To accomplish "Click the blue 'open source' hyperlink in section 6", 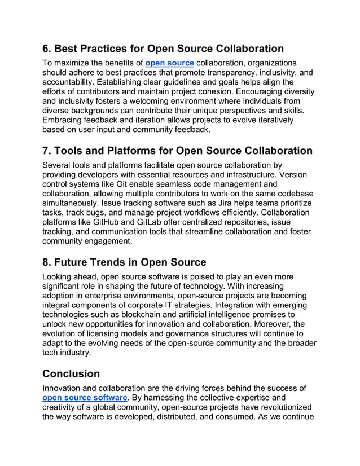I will coord(169,63).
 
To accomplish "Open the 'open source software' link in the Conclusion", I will coord(85,398).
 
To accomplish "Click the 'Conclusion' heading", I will coord(71,373).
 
